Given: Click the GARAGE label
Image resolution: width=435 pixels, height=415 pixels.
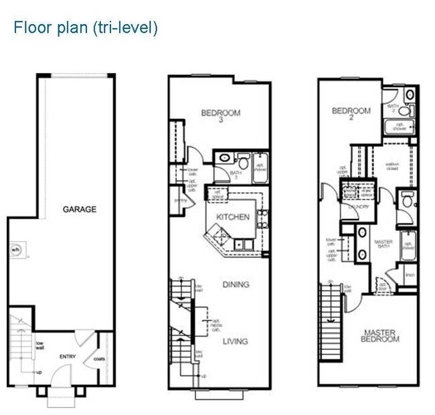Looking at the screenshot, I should tap(80, 210).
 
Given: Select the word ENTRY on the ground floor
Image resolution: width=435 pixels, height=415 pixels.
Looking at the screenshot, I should tap(68, 357).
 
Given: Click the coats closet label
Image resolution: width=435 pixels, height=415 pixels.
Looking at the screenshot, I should tap(100, 357).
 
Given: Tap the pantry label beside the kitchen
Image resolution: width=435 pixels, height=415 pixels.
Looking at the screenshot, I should tap(179, 199).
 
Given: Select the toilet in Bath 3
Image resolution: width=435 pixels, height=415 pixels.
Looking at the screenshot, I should tap(243, 163).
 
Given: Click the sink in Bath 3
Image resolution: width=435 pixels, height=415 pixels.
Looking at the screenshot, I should tap(225, 160).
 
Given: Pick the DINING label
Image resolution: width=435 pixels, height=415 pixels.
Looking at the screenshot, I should tap(235, 284).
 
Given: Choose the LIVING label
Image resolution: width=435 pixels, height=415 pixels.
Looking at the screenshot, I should tap(235, 341).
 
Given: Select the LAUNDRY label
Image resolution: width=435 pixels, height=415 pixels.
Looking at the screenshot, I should tap(359, 207).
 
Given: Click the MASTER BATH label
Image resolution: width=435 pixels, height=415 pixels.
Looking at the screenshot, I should tap(383, 245).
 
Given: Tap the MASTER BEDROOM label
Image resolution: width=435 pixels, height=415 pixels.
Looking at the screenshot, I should tap(381, 335).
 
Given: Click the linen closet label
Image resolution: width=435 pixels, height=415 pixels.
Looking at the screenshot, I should tap(410, 274).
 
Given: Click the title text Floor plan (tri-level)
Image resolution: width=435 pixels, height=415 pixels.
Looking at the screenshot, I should tap(85, 29).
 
